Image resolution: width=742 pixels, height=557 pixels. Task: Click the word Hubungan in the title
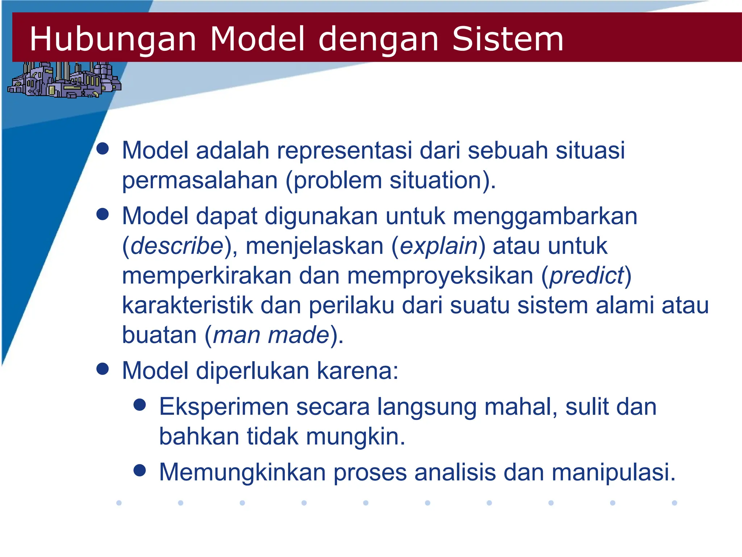(113, 39)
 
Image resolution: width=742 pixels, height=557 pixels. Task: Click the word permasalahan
(200, 181)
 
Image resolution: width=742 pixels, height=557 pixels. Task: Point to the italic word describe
(177, 246)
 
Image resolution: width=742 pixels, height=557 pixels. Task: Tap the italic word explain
(439, 246)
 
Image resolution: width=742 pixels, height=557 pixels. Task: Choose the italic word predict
(587, 276)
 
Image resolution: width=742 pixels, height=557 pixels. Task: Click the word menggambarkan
(545, 216)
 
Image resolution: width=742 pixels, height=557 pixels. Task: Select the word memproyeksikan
(440, 276)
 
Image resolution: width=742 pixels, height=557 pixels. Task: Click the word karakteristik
(187, 305)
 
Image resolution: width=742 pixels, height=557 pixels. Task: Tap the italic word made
(298, 335)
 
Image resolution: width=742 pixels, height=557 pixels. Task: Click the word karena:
(358, 371)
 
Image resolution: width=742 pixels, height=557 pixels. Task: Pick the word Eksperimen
(224, 407)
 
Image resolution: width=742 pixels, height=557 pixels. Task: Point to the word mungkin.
(355, 437)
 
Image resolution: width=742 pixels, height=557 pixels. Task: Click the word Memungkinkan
(242, 473)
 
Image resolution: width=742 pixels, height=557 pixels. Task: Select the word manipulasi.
(613, 473)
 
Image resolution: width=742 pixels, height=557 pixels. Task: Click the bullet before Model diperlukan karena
(103, 369)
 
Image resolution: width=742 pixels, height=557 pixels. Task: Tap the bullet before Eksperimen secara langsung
(140, 404)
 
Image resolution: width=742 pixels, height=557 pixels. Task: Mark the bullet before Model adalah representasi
(103, 148)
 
